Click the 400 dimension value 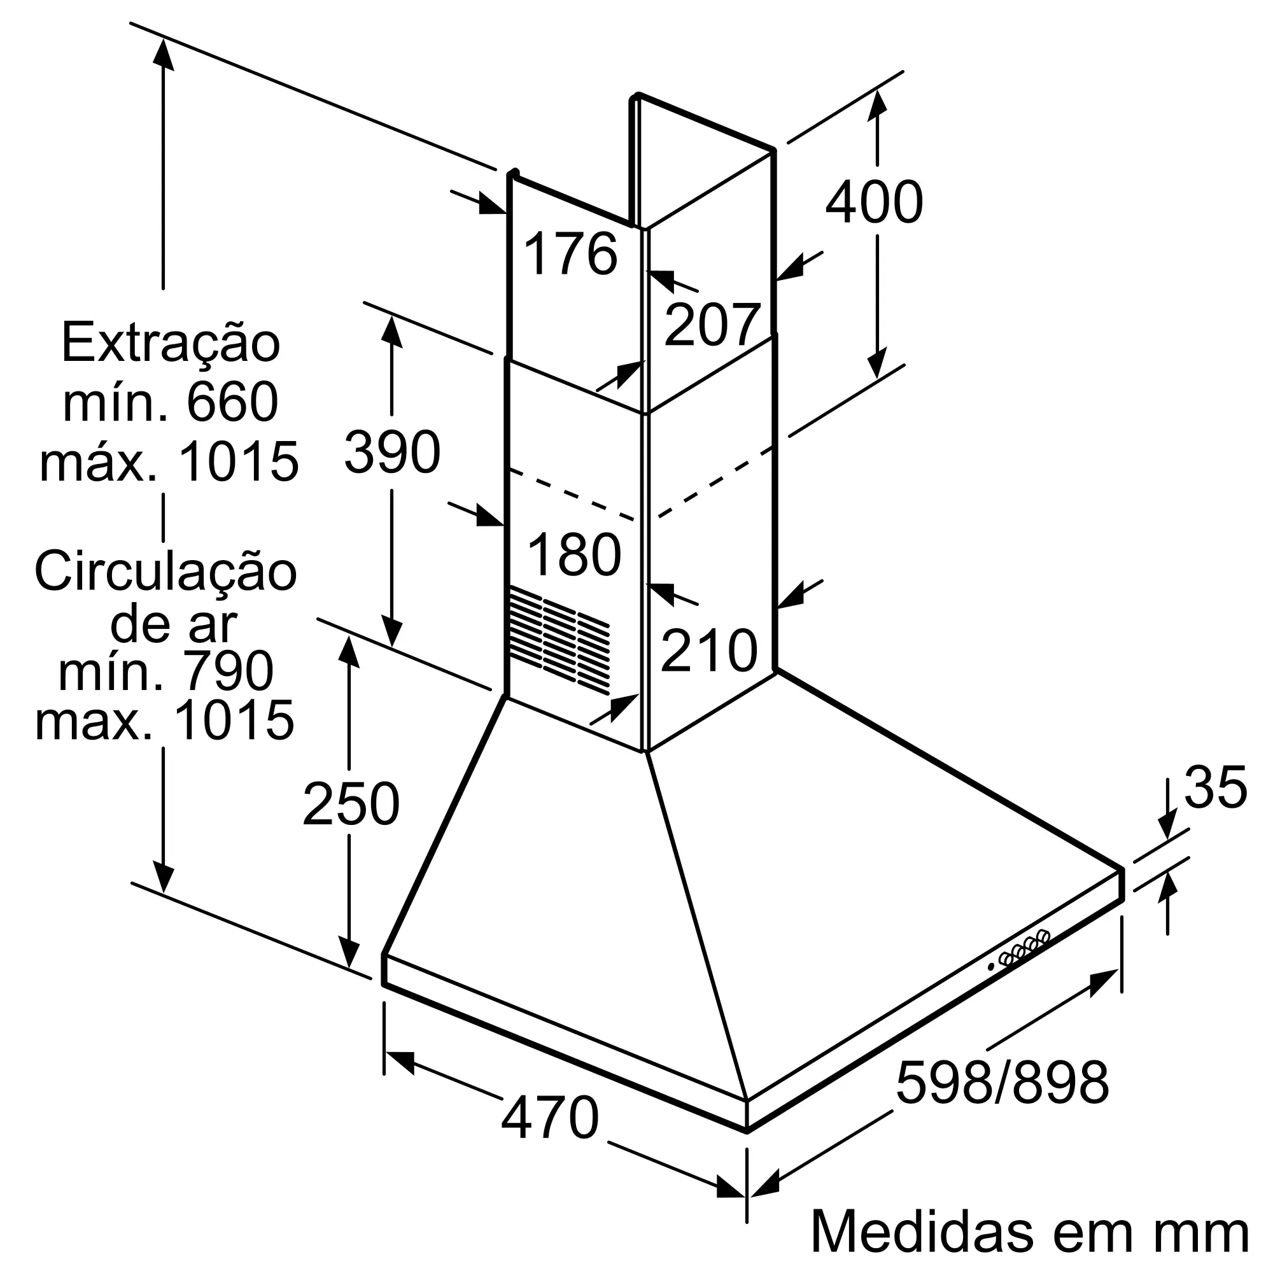(874, 202)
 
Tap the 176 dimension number (570, 253)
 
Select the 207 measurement (712, 324)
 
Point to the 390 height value (392, 451)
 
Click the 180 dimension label (574, 555)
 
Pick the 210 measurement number (709, 651)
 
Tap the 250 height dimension (351, 804)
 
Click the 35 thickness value (1216, 787)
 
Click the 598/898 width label (1002, 1082)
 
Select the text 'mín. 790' (166, 671)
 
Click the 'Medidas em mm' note (1029, 1231)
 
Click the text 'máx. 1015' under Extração (169, 461)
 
